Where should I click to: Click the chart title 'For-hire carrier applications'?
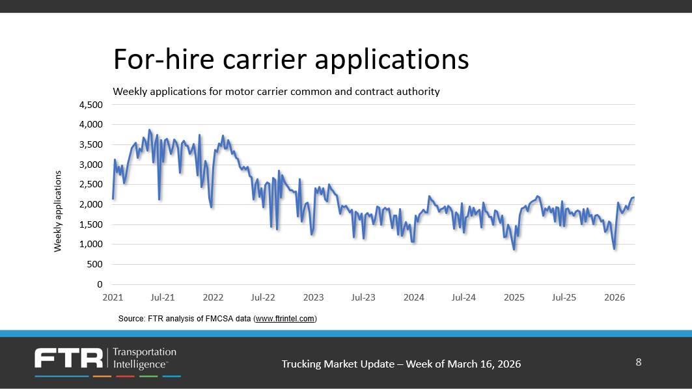point(290,59)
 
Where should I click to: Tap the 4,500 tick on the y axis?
point(91,105)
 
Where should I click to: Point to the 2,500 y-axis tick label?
point(91,185)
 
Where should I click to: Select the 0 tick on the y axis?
point(100,285)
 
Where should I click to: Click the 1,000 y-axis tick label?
point(91,245)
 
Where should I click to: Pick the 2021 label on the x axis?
point(113,297)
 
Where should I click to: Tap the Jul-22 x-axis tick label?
point(262,297)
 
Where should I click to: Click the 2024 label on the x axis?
point(414,297)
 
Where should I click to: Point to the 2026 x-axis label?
point(615,297)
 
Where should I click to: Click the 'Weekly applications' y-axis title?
point(57,211)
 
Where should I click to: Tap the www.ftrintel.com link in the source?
point(284,319)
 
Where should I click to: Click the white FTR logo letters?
point(69,358)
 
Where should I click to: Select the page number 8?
point(638,362)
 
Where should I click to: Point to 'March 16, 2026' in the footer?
point(484,364)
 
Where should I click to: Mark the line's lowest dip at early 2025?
point(514,249)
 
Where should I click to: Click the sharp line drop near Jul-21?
point(159,199)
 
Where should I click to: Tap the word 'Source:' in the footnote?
point(131,319)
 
